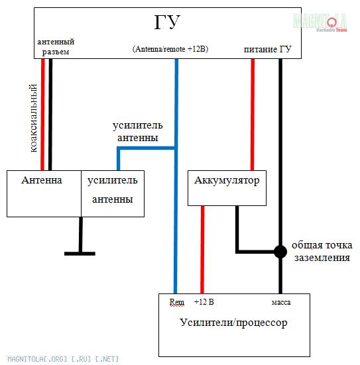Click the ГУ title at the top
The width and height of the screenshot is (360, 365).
[167, 22]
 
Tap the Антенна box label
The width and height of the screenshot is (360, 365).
[42, 180]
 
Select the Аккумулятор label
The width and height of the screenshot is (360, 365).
[227, 181]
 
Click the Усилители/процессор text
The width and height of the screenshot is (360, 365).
[233, 323]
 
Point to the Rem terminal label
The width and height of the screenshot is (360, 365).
[176, 302]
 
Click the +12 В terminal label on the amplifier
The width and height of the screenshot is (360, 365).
[204, 302]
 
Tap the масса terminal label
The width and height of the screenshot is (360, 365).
[281, 302]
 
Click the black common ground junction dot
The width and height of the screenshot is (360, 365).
[280, 252]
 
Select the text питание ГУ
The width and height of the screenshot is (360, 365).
[267, 49]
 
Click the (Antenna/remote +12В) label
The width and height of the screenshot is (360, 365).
[170, 49]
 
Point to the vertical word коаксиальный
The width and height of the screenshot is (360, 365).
[34, 119]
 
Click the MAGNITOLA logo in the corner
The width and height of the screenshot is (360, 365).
[320, 23]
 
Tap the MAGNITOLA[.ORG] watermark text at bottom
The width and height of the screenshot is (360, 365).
[63, 359]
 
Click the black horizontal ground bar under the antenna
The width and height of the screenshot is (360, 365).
[80, 254]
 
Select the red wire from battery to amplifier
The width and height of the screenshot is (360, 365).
[202, 250]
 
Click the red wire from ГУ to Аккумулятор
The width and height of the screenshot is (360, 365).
[253, 115]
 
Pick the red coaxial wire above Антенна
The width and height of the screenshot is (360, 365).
[42, 115]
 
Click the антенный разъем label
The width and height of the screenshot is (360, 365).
[56, 47]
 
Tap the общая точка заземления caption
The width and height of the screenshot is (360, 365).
[322, 252]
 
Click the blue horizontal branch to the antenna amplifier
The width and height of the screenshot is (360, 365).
[146, 148]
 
